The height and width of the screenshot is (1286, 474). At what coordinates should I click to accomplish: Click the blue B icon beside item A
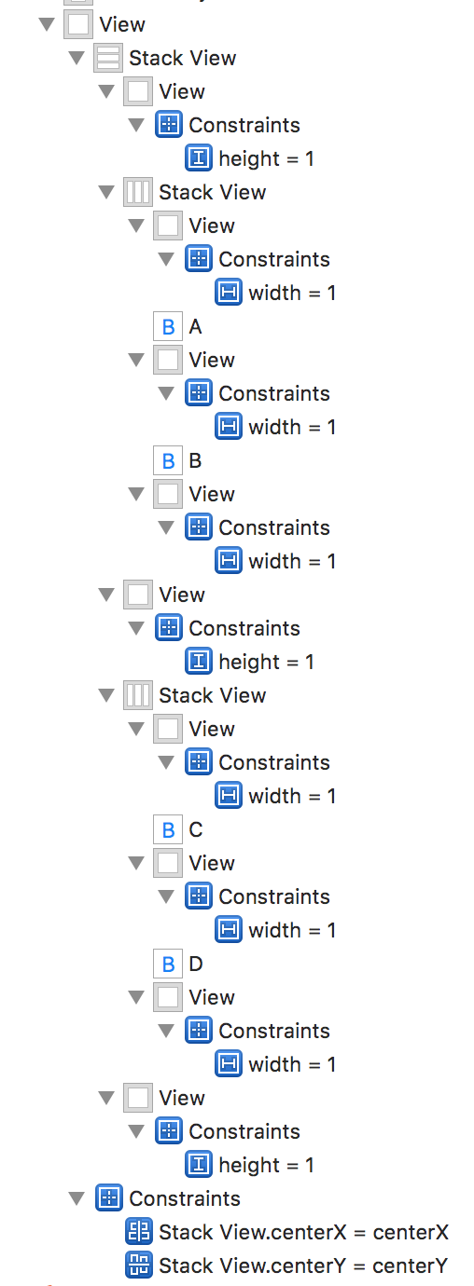[168, 327]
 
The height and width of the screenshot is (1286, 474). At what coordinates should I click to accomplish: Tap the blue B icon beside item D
[168, 964]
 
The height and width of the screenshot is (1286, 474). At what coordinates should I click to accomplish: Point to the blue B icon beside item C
[168, 829]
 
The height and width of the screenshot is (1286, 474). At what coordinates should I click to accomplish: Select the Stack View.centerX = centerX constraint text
[303, 1232]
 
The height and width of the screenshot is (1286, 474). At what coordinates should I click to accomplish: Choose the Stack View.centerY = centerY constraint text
[303, 1265]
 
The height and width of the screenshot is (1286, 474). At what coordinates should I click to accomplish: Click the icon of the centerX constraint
[138, 1232]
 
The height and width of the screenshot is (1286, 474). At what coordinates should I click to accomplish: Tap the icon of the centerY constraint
[138, 1265]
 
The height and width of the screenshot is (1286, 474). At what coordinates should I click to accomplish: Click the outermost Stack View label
[183, 58]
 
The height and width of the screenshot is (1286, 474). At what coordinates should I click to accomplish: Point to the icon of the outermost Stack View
[108, 58]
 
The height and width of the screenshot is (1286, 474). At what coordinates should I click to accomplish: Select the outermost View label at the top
[122, 24]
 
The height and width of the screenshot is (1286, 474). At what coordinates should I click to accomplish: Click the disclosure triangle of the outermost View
[47, 24]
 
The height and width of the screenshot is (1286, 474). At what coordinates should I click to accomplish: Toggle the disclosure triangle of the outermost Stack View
[77, 58]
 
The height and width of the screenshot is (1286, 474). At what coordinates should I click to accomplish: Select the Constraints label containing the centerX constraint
[185, 1198]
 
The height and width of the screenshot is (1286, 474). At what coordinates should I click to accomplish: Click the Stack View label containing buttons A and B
[213, 192]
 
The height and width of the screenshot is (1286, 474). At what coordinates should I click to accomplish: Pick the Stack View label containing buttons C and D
[213, 695]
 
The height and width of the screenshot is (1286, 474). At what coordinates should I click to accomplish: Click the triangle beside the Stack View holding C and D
[106, 695]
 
